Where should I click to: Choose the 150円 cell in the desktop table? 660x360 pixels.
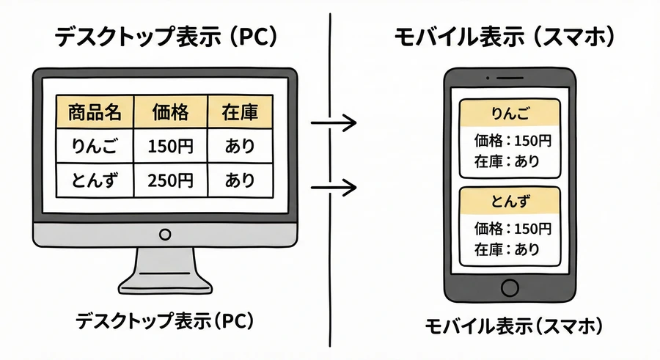click(170, 146)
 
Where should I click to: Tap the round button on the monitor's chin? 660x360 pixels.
click(165, 235)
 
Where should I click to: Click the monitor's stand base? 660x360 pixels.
click(165, 280)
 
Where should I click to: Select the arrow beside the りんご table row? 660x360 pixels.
click(334, 122)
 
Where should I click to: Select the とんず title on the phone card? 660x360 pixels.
click(509, 201)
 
